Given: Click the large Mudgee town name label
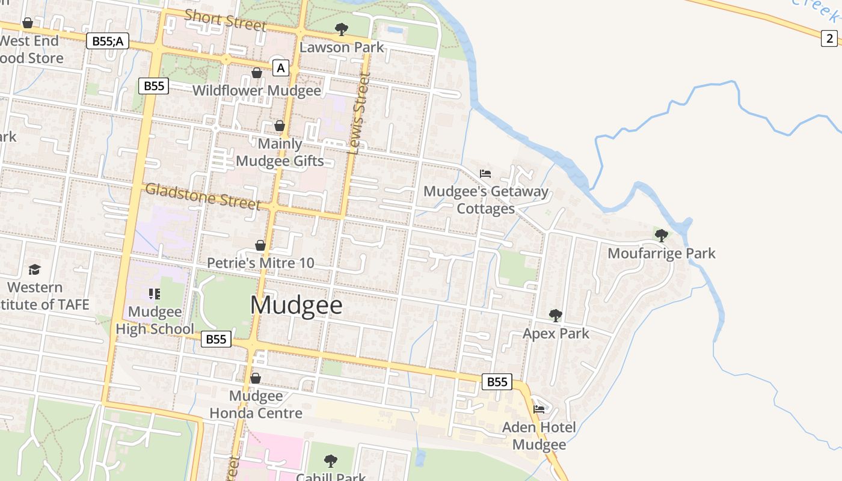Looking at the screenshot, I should (x=296, y=305).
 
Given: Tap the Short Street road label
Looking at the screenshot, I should (x=225, y=20).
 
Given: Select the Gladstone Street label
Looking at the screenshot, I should (x=203, y=196).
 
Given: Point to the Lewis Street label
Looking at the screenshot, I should (x=358, y=114).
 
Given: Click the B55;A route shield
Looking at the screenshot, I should (x=108, y=41).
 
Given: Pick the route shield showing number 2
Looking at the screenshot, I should (x=830, y=38).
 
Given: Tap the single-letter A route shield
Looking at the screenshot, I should (x=280, y=69).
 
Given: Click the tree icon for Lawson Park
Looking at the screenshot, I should (x=341, y=29).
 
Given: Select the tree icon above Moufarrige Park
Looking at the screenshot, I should (x=661, y=235).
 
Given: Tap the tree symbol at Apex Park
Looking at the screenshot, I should (x=555, y=315).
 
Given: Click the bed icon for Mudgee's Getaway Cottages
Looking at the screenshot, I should (x=485, y=174).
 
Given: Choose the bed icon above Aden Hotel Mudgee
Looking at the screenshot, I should (x=539, y=409).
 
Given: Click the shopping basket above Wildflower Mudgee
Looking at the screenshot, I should (x=257, y=73).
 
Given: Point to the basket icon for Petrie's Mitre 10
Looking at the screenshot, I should (x=260, y=245).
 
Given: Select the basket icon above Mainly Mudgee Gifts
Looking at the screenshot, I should (x=280, y=126).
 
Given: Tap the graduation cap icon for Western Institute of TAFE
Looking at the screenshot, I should (x=34, y=269).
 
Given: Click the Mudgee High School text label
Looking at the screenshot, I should (x=155, y=320).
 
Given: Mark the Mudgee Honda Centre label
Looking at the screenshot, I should (x=256, y=405).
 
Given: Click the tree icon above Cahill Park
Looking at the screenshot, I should (x=330, y=461).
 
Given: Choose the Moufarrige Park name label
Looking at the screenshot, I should (x=662, y=253).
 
